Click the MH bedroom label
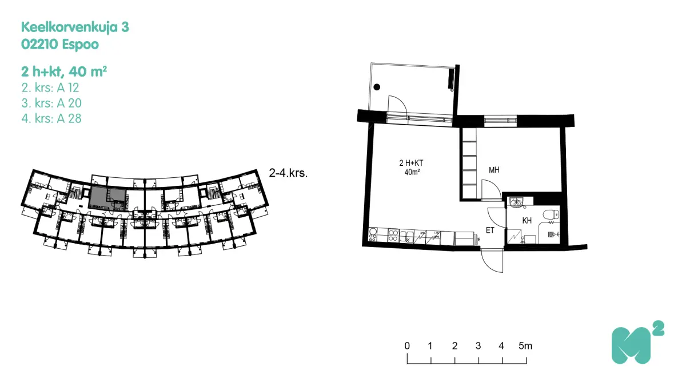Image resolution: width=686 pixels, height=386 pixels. [494, 170]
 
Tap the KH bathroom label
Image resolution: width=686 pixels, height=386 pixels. [527, 220]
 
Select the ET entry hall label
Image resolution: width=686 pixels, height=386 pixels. [490, 230]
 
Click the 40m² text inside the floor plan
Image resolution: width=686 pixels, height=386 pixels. [412, 172]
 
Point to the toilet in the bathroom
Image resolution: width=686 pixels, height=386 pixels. [551, 214]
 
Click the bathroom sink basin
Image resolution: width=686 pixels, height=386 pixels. [516, 202]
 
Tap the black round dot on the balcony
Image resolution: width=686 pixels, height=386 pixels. [377, 87]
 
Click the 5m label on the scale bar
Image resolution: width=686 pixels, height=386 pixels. [525, 346]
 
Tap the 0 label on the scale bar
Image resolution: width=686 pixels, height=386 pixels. [407, 346]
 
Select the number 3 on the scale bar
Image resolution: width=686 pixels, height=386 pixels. [478, 346]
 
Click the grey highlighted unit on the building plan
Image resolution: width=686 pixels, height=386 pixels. [107, 198]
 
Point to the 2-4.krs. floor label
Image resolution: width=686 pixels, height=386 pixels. [288, 173]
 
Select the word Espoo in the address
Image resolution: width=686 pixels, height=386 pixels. [80, 45]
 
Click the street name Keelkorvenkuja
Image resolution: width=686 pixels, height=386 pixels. [70, 27]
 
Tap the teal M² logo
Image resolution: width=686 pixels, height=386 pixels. [637, 343]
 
